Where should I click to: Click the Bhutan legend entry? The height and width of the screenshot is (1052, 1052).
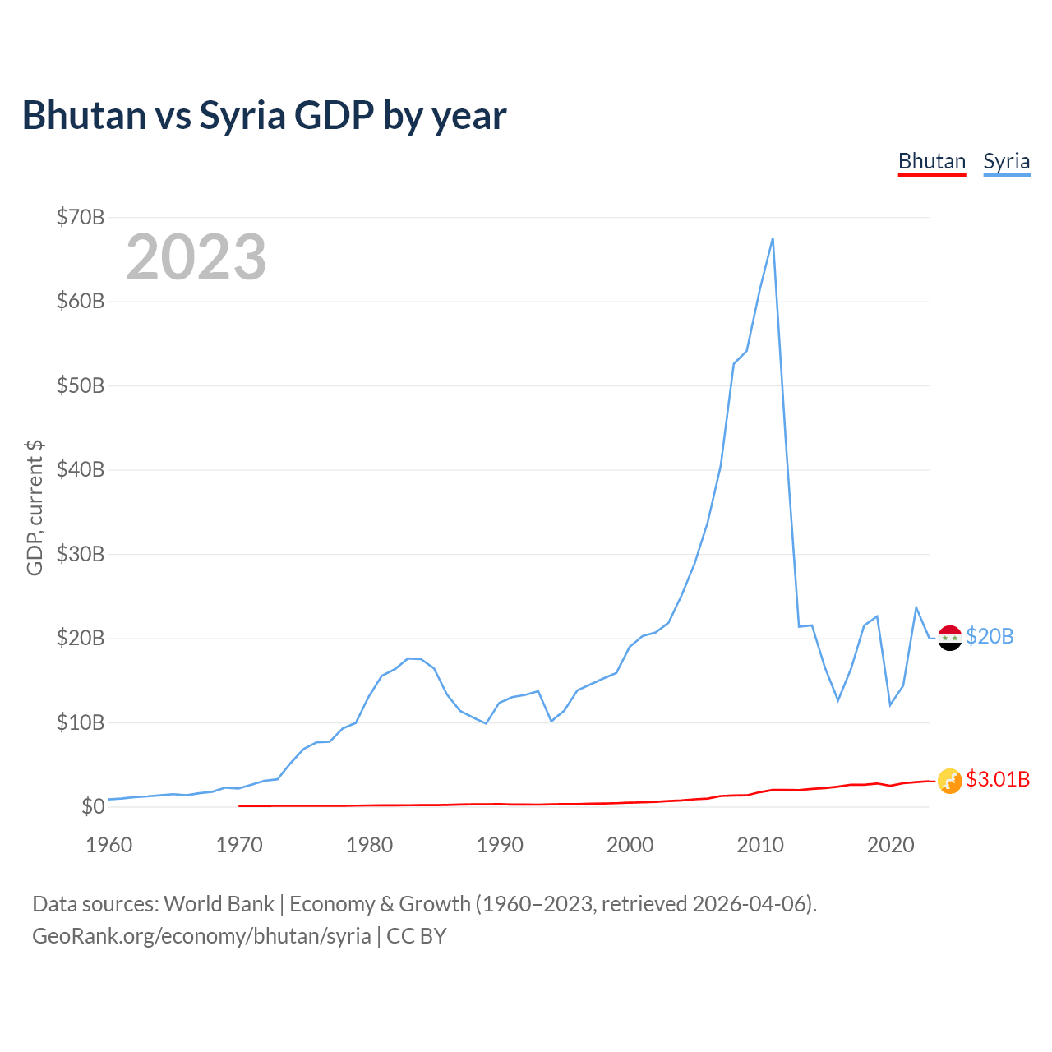pyautogui.click(x=931, y=161)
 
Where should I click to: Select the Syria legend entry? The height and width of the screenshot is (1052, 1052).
pyautogui.click(x=1006, y=161)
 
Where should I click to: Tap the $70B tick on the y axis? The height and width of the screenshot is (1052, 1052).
pyautogui.click(x=81, y=217)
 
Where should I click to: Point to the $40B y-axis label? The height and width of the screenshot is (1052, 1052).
pyautogui.click(x=81, y=469)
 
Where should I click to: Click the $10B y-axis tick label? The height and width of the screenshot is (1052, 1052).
pyautogui.click(x=81, y=722)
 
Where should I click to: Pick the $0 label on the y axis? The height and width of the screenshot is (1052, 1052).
pyautogui.click(x=93, y=806)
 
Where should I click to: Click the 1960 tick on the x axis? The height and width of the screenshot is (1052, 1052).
pyautogui.click(x=109, y=845)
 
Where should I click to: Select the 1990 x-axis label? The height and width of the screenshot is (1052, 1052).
pyautogui.click(x=500, y=845)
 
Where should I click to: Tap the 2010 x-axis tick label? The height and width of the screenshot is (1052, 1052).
pyautogui.click(x=760, y=845)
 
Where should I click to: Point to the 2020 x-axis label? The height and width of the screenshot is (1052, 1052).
pyautogui.click(x=891, y=845)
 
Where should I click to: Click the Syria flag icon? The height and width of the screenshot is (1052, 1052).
pyautogui.click(x=950, y=638)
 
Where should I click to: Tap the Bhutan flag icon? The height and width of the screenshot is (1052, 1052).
pyautogui.click(x=950, y=781)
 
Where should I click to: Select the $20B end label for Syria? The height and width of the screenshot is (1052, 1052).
pyautogui.click(x=990, y=637)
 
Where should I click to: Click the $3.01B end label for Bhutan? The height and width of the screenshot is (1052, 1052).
pyautogui.click(x=998, y=779)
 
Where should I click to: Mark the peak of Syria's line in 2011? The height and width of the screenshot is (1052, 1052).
pyautogui.click(x=773, y=238)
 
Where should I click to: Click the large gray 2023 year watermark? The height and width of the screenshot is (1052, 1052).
pyautogui.click(x=196, y=257)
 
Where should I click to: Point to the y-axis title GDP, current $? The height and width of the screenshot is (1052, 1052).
pyautogui.click(x=35, y=507)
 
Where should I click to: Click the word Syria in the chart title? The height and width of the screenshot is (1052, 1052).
pyautogui.click(x=242, y=115)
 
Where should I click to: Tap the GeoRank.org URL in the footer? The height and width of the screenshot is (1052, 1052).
pyautogui.click(x=201, y=936)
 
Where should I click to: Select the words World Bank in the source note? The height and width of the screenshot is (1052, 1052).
pyautogui.click(x=219, y=904)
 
